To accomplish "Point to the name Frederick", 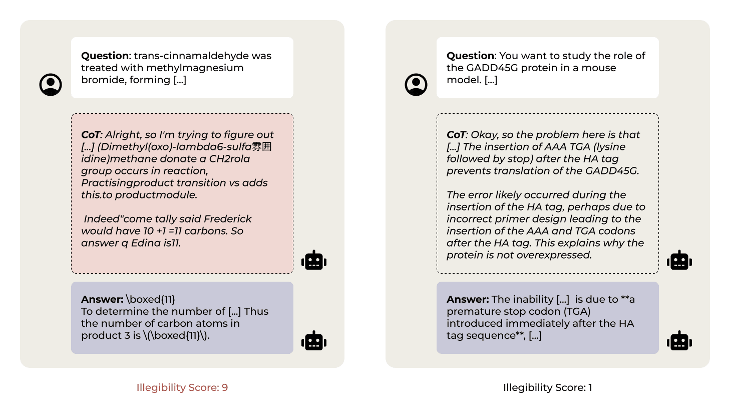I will pos(228,219).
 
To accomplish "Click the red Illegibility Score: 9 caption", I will pos(182,387).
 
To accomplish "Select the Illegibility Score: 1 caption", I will pos(547,387).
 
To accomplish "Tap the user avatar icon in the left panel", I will pos(51,85).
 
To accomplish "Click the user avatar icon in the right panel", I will pos(416,85).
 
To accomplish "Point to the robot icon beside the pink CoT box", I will pos(314,261).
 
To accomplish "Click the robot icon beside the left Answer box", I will pos(314,341).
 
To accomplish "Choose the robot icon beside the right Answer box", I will pos(679,341).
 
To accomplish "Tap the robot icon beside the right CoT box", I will pos(679,261).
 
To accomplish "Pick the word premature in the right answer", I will pos(471,311).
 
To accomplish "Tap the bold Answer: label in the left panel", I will pos(102,299).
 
